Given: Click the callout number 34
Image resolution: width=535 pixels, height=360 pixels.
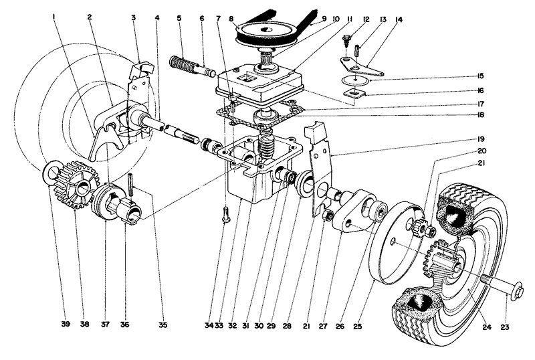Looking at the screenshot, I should (x=209, y=326).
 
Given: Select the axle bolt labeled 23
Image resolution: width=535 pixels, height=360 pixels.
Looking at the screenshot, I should (x=502, y=290).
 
